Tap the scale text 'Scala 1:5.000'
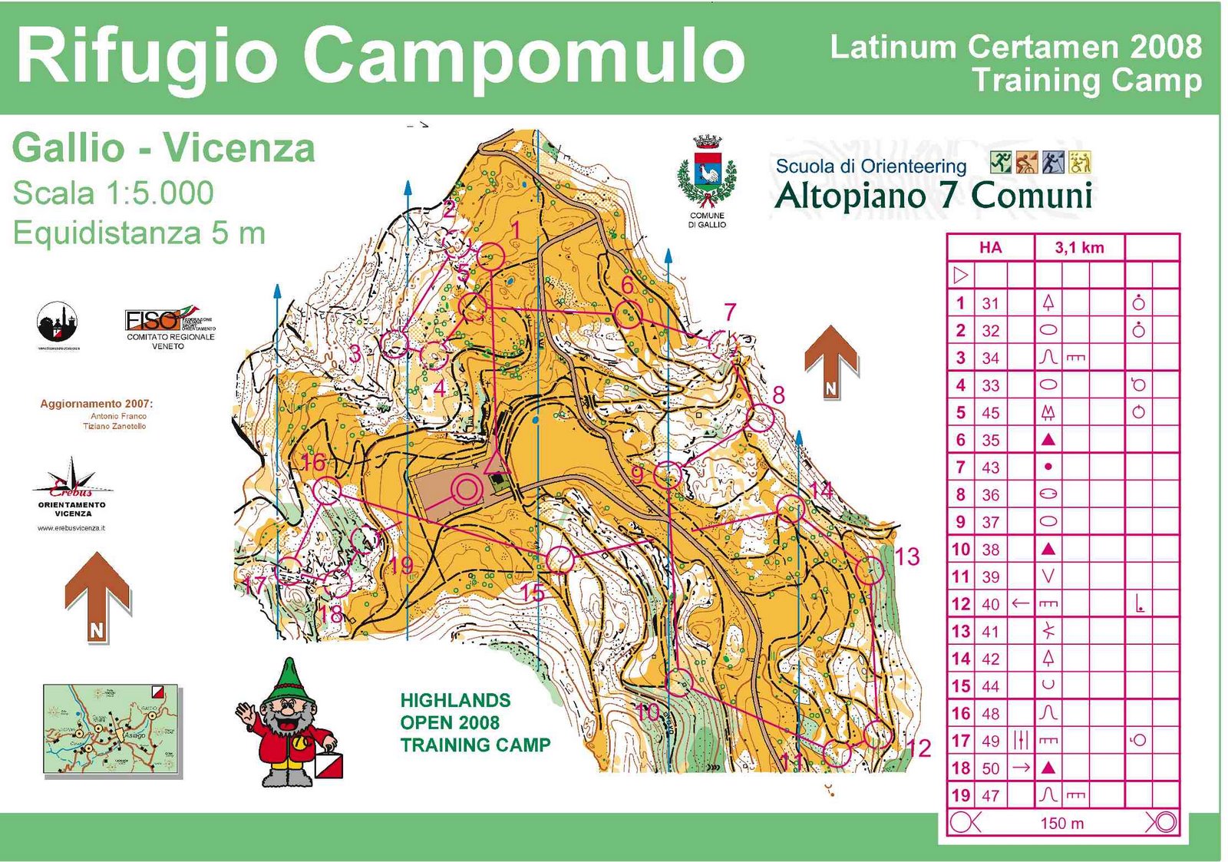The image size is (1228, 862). (x=113, y=193)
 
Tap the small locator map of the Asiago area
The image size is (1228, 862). (x=112, y=729)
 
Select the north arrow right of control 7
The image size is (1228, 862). (x=831, y=362)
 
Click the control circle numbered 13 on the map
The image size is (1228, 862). (x=869, y=570)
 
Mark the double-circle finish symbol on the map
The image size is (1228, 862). (x=466, y=489)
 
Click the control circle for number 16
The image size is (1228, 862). (x=327, y=490)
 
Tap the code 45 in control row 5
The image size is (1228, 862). (x=990, y=413)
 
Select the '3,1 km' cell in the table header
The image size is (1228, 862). (x=1079, y=248)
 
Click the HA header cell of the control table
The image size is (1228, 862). (x=990, y=248)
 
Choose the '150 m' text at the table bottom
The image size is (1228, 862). (x=1062, y=824)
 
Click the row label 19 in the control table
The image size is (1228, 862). (x=961, y=795)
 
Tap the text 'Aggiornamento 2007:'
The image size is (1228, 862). (x=97, y=404)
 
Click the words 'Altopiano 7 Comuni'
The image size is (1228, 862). (x=933, y=196)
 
